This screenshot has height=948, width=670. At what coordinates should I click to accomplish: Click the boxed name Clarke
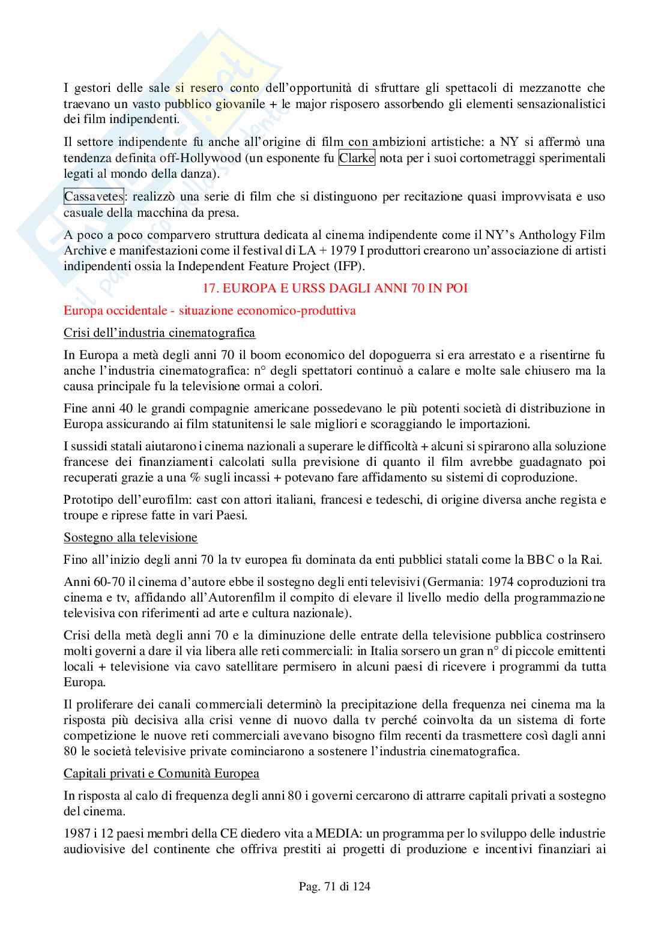click(357, 159)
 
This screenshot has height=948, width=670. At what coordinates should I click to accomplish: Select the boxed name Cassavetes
click(94, 196)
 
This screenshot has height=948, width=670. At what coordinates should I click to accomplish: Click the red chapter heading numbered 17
click(335, 288)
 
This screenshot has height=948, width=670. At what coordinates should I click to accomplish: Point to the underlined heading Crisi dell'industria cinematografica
click(159, 333)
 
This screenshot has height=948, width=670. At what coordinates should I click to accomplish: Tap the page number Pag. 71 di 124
click(335, 886)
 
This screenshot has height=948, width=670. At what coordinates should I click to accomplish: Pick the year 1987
click(76, 834)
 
